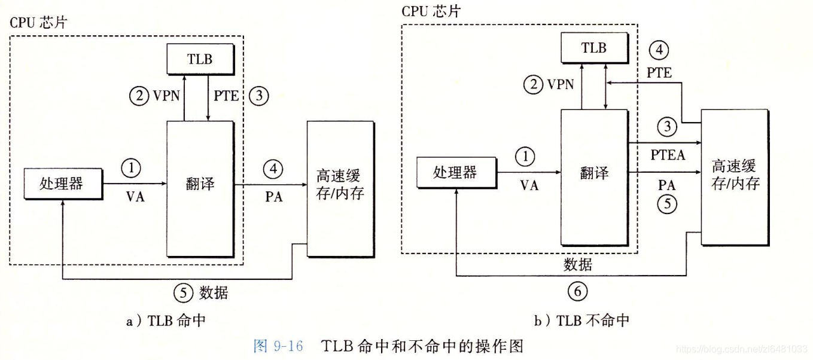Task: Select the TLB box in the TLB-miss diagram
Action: pyautogui.click(x=593, y=47)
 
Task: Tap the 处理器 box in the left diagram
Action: pyautogui.click(x=62, y=183)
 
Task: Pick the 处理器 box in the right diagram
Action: pyautogui.click(x=455, y=172)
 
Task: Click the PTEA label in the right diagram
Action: pyautogui.click(x=665, y=156)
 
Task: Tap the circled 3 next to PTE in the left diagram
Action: pyautogui.click(x=260, y=96)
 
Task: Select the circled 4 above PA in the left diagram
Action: pyautogui.click(x=273, y=169)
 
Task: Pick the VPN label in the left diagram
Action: pyautogui.click(x=166, y=96)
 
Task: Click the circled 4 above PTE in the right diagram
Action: pyautogui.click(x=659, y=51)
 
